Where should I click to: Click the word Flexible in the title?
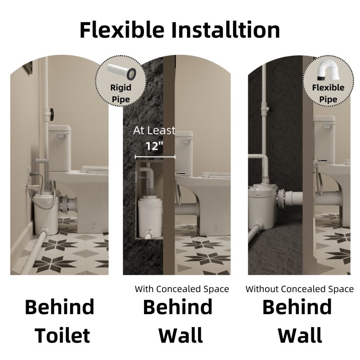tap(122, 30)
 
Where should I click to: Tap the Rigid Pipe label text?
tap(121, 93)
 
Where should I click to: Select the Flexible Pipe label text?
tap(328, 93)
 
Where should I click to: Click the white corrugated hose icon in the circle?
tap(328, 71)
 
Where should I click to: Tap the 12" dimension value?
tap(154, 145)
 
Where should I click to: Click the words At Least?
tap(154, 130)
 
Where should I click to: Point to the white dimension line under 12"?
tap(155, 157)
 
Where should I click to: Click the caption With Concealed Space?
tap(182, 289)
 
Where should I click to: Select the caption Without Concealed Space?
tap(300, 289)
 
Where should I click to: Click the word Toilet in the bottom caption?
tap(62, 336)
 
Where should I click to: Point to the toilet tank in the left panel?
tap(59, 148)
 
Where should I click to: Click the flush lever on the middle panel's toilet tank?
tap(187, 141)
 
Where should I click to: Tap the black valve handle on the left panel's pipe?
tap(52, 113)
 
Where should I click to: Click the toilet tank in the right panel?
tap(324, 139)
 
